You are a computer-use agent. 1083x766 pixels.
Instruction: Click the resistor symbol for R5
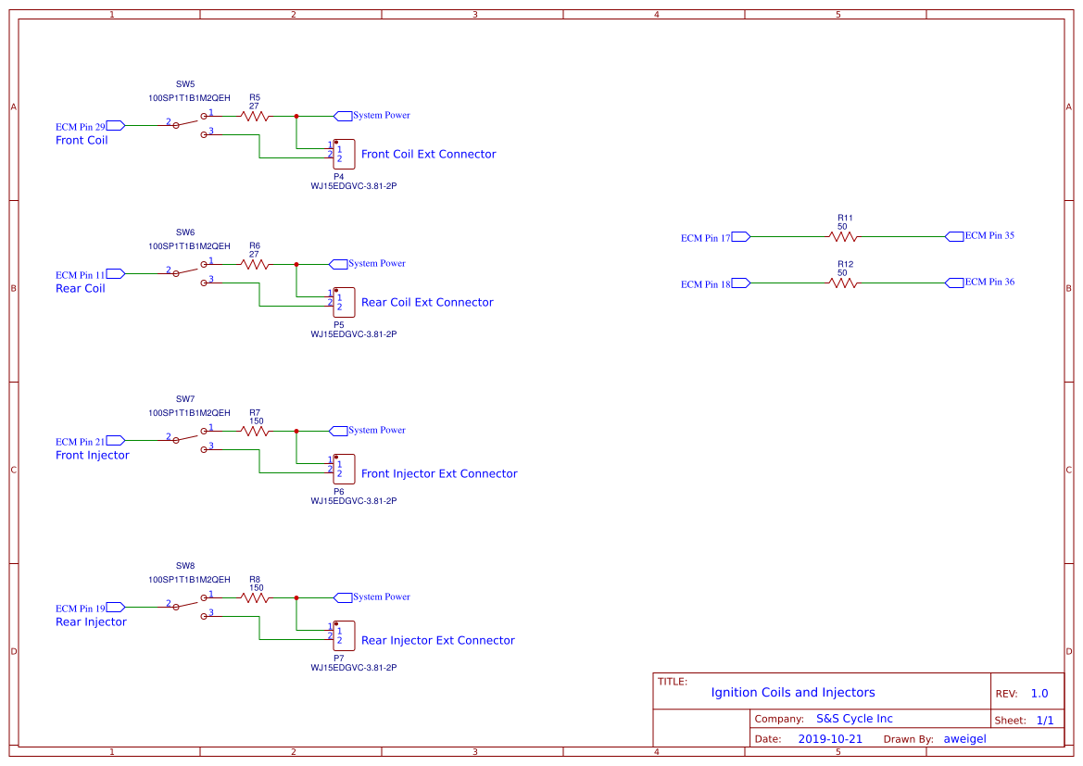[x=254, y=116]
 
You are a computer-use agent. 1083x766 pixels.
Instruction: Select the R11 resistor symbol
[x=843, y=236]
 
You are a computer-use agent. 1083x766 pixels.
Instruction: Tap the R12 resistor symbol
[x=843, y=283]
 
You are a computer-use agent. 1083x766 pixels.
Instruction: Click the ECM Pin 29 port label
[x=91, y=126]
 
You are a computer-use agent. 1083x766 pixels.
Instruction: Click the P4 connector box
[x=343, y=154]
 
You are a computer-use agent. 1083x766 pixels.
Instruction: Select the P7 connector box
[x=343, y=635]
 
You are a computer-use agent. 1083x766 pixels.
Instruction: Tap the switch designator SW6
[x=185, y=232]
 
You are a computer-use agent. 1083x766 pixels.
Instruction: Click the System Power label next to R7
[x=377, y=431]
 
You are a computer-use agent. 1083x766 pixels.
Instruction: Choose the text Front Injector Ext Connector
[x=439, y=473]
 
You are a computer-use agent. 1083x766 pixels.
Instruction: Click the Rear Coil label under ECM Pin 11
[x=81, y=289]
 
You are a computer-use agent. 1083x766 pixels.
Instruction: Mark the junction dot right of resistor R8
[x=296, y=597]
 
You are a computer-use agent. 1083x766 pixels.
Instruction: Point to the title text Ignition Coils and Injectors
[x=792, y=693]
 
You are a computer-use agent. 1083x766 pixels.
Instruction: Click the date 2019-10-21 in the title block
[x=829, y=739]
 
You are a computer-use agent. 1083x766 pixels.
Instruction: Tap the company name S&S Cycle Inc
[x=854, y=719]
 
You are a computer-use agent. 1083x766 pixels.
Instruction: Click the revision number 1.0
[x=1039, y=694]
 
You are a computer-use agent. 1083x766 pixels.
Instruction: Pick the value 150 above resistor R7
[x=257, y=421]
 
